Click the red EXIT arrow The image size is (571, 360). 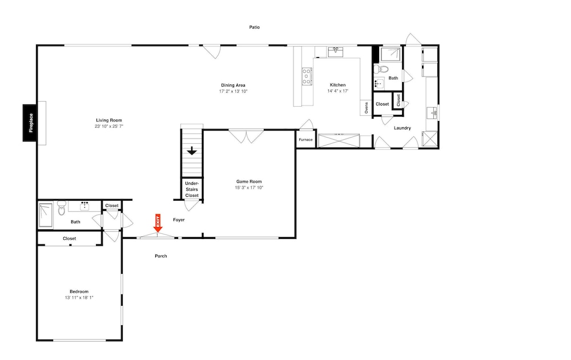(158, 223)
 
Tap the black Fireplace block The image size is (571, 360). (30, 123)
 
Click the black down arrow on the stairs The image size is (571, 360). (192, 151)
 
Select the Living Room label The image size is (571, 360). (109, 120)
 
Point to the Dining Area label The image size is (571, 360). (233, 85)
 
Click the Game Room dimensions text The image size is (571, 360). (249, 188)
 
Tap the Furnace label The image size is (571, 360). (305, 140)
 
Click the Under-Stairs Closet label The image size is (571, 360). (192, 189)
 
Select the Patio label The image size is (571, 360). (255, 27)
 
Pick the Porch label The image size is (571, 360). (161, 256)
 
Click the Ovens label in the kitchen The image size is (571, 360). (367, 108)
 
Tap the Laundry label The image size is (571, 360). (403, 128)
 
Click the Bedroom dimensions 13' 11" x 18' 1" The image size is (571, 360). (79, 298)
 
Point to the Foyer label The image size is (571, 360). (179, 220)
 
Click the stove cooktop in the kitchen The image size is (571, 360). (307, 76)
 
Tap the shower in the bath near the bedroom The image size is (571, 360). (46, 215)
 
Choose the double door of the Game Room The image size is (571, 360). (246, 136)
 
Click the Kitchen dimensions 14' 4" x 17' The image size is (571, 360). (338, 91)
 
